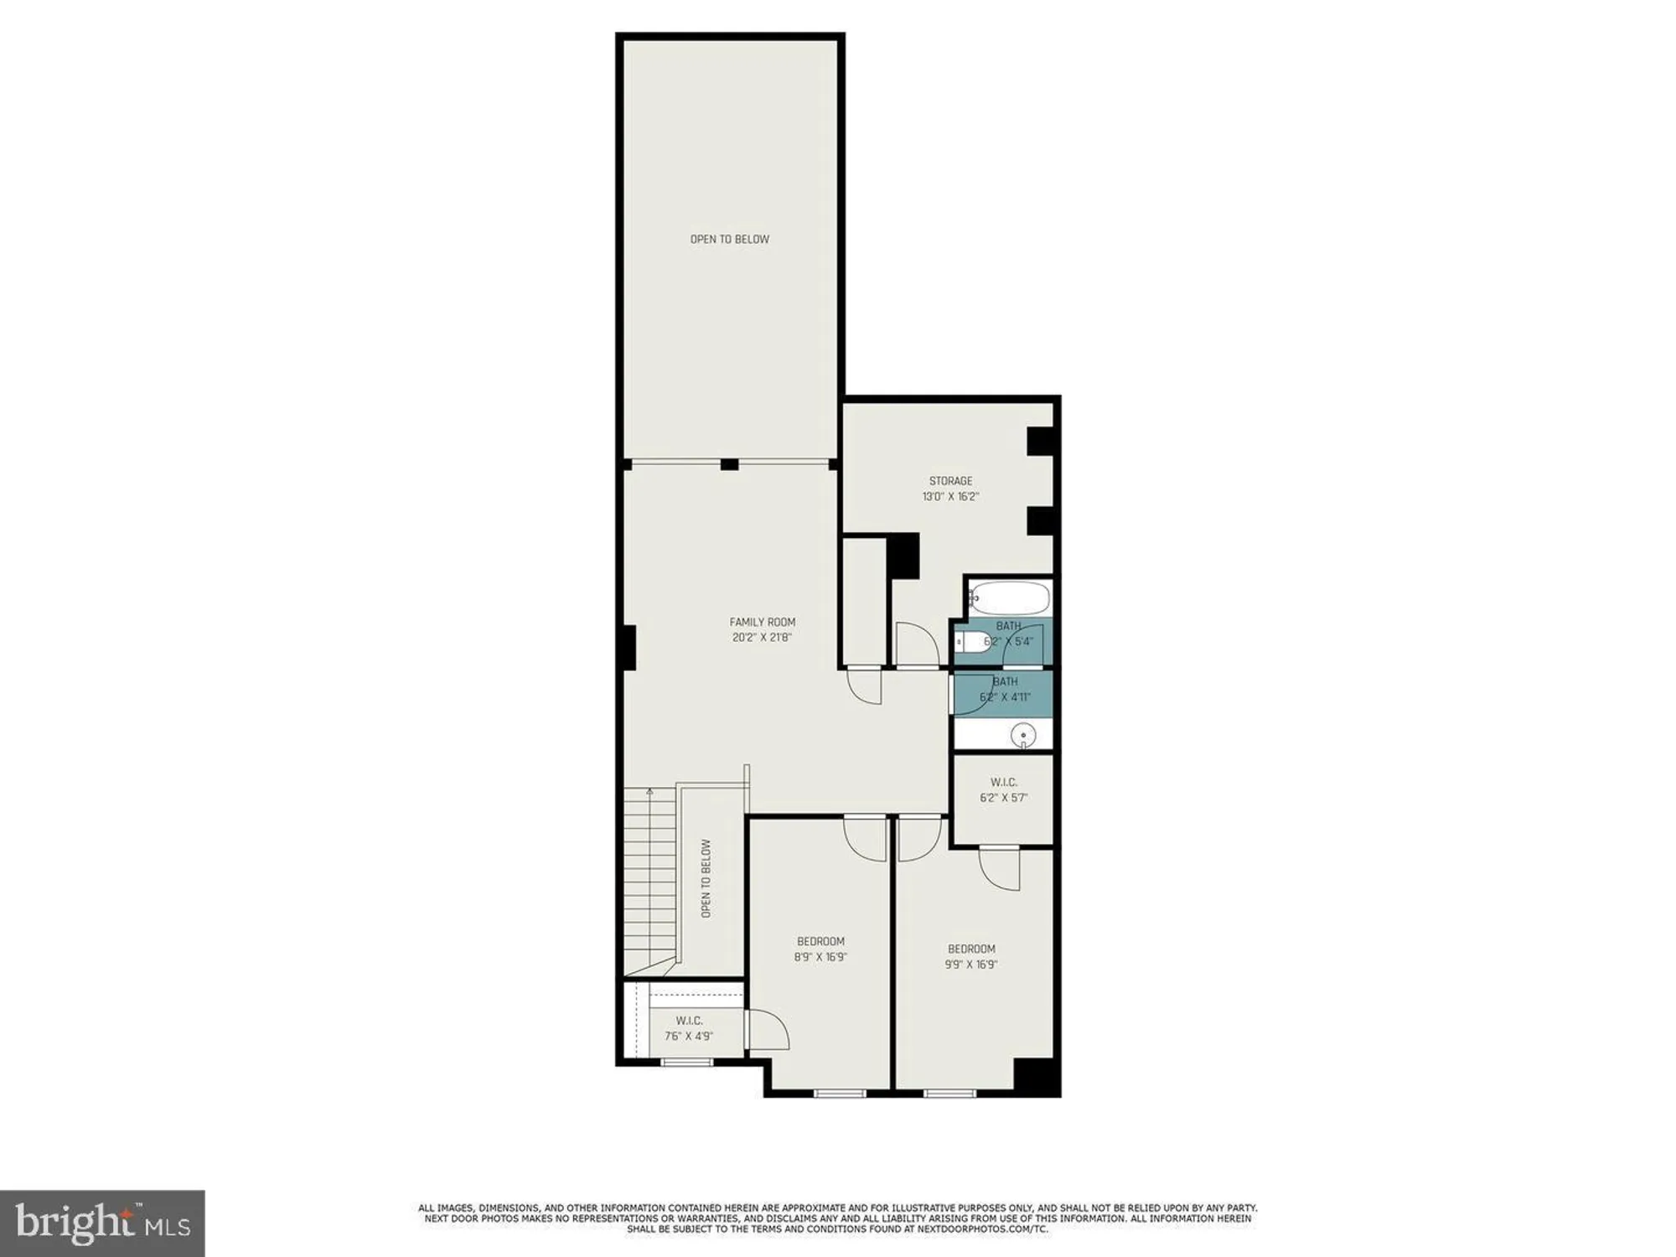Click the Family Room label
tap(762, 622)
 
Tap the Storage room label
tap(950, 481)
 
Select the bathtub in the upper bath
tap(1010, 598)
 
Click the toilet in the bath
tap(972, 643)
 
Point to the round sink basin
tap(1022, 737)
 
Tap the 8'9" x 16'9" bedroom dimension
tap(821, 956)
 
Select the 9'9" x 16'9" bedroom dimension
tap(972, 964)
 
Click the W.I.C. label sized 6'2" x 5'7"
tap(1003, 782)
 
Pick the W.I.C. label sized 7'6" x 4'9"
tap(689, 1020)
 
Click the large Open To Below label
tap(729, 239)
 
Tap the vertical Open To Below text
tap(706, 878)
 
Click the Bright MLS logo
tap(102, 1224)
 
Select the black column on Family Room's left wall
tap(629, 647)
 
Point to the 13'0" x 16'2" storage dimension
tap(950, 496)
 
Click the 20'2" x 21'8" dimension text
tap(762, 637)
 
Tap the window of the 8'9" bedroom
tap(840, 1093)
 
